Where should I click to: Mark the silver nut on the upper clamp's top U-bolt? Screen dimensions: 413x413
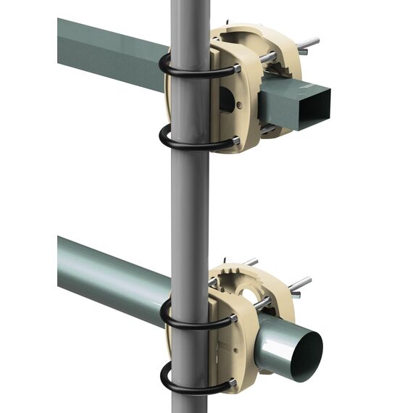coord(236,68)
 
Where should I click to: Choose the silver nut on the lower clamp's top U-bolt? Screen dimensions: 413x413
coord(233,318)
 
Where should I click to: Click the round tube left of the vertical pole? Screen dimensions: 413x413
coord(109,275)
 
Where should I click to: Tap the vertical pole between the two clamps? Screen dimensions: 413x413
coord(191,203)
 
